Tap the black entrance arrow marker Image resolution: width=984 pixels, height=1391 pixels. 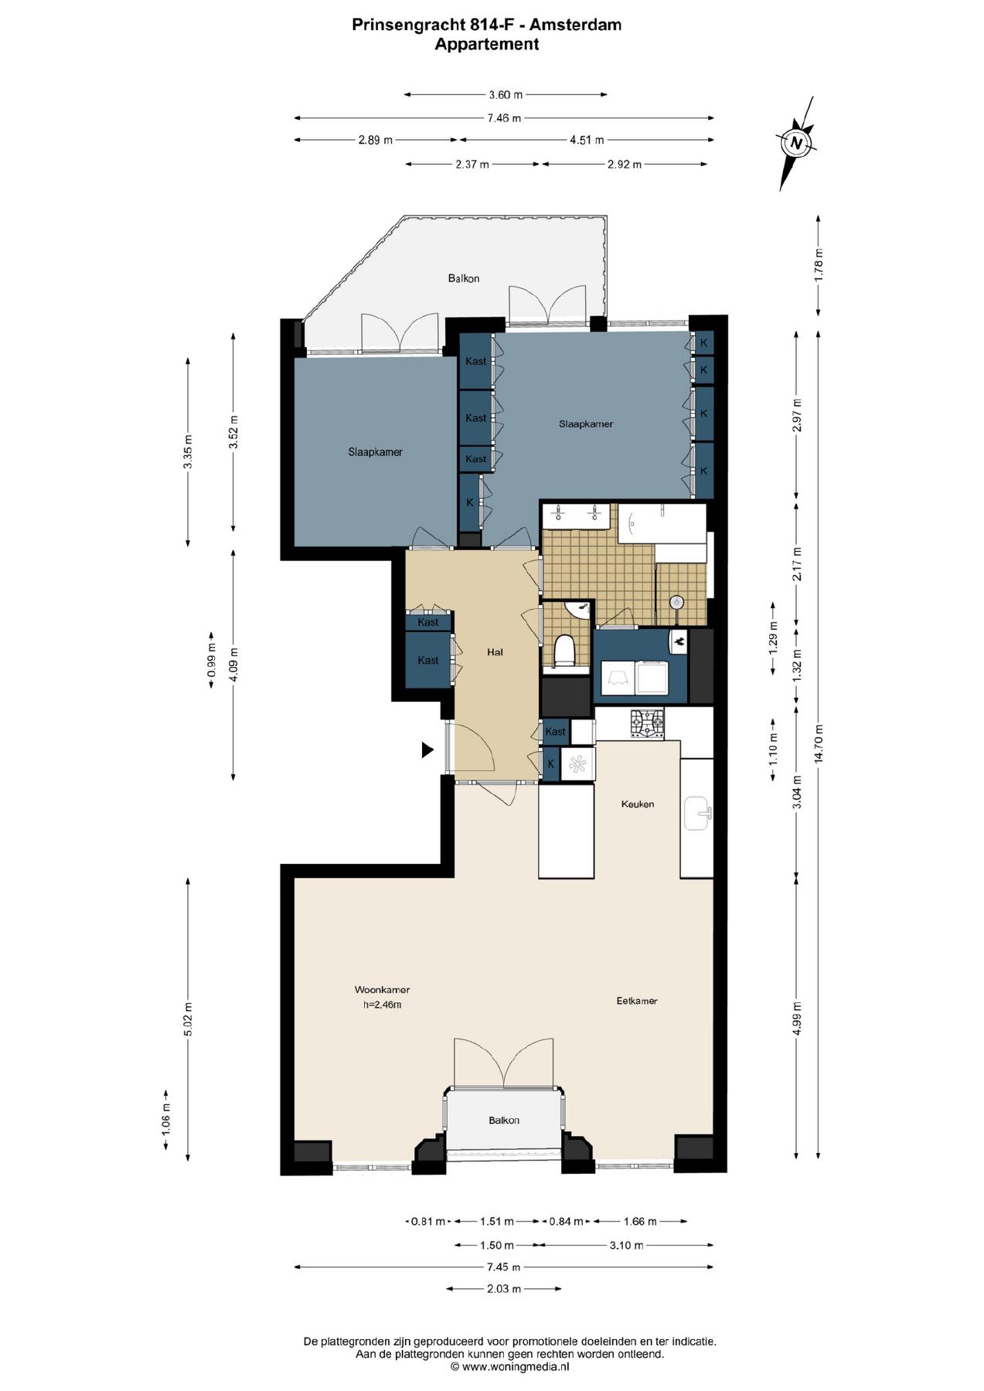click(x=427, y=750)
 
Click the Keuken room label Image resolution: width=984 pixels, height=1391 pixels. click(x=637, y=804)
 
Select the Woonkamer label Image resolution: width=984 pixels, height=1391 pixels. click(x=382, y=989)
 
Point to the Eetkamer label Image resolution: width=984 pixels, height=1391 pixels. click(x=637, y=1001)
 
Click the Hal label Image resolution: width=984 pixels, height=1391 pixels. click(x=495, y=652)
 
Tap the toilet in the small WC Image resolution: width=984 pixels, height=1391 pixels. click(x=564, y=651)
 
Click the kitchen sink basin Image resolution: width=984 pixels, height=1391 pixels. click(x=696, y=813)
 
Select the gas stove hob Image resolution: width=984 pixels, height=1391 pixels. click(x=646, y=724)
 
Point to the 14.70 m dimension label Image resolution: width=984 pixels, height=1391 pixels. click(x=819, y=743)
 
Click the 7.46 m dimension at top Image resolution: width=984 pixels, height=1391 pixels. click(x=504, y=118)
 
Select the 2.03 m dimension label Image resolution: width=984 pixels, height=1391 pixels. click(x=504, y=1289)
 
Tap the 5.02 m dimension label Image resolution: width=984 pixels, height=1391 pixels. click(x=188, y=1019)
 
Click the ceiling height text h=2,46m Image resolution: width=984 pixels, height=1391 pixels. click(x=382, y=1005)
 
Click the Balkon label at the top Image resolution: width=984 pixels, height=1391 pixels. click(x=464, y=278)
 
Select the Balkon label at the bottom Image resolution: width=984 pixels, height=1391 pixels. click(x=503, y=1120)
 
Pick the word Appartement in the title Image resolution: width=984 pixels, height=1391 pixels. click(x=486, y=44)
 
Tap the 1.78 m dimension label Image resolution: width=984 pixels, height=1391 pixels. click(x=819, y=264)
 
